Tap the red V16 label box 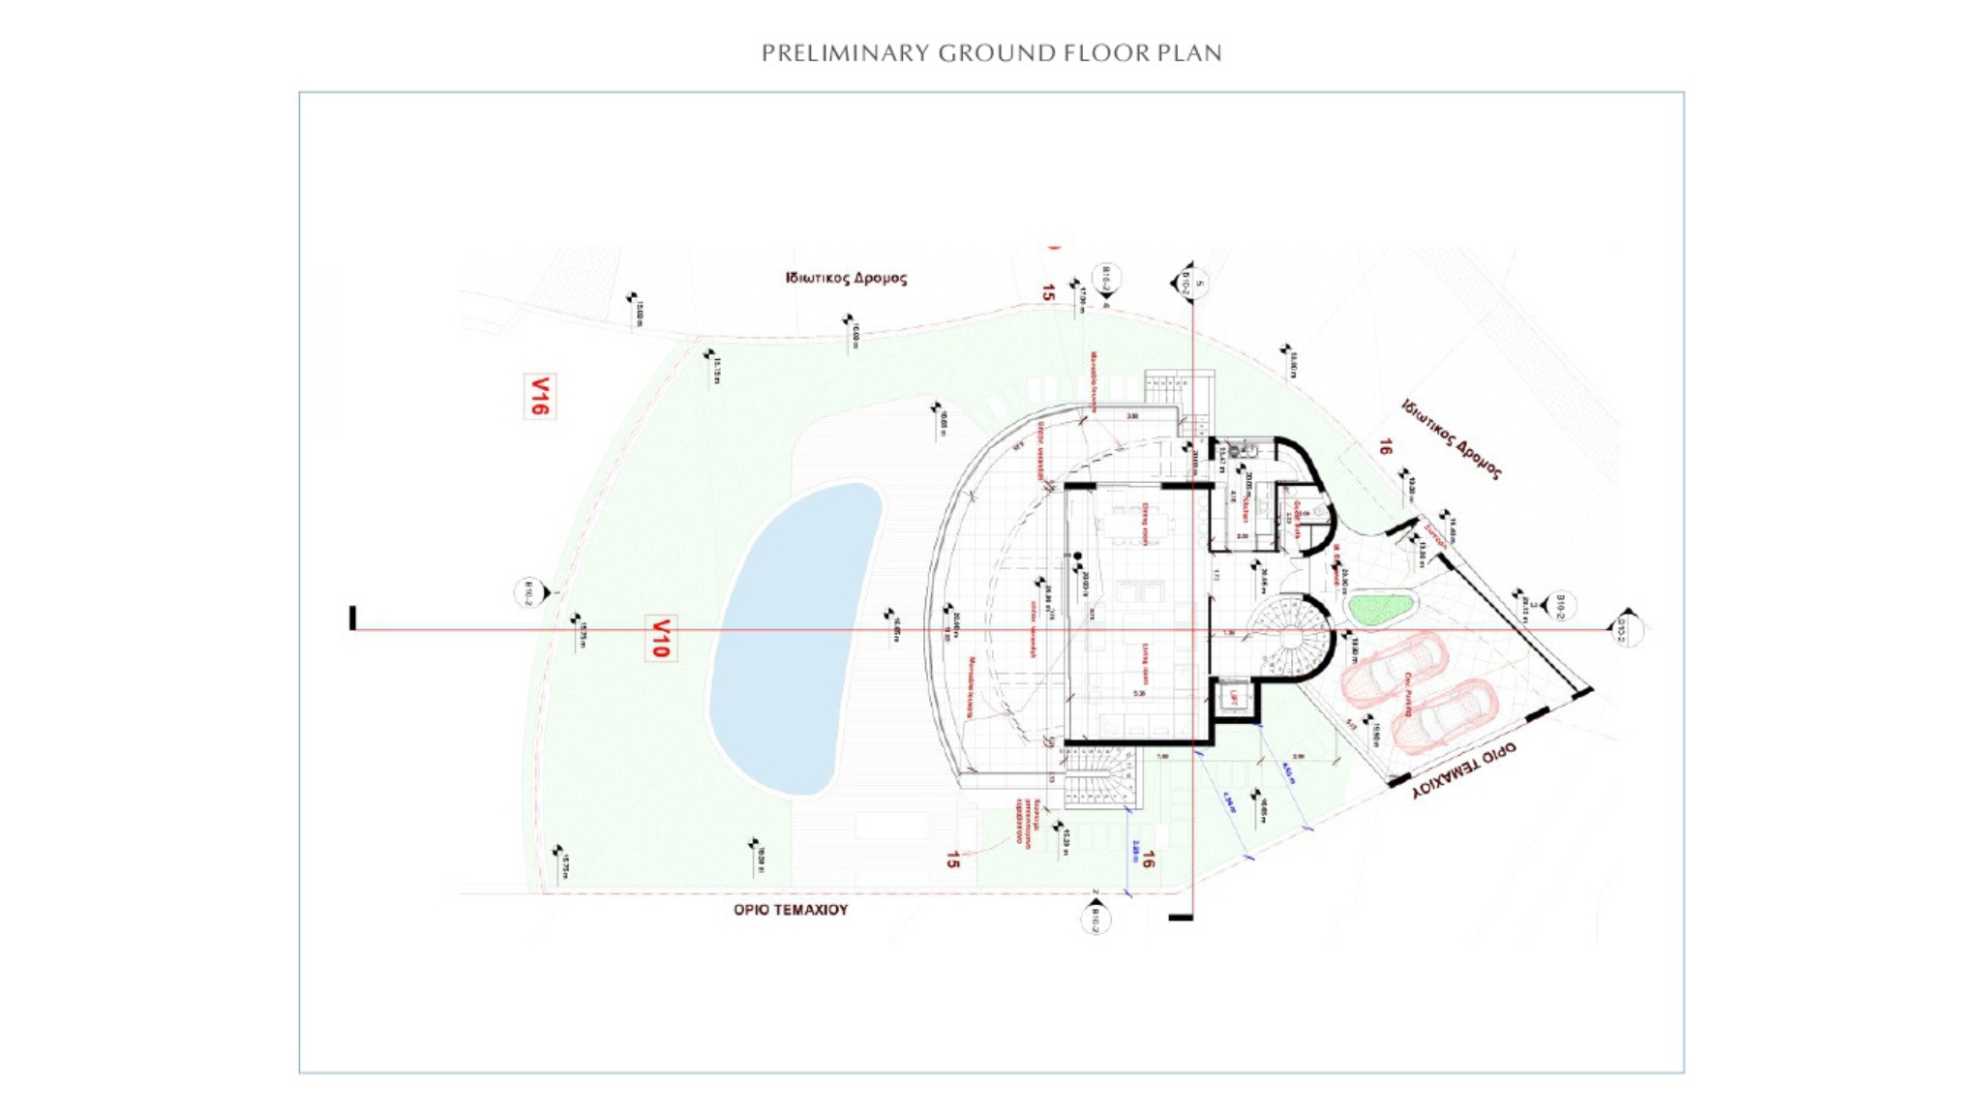click(540, 397)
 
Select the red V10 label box click(660, 639)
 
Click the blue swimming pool click(794, 639)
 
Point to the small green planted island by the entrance click(1380, 609)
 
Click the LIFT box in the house click(1233, 698)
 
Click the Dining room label click(1144, 524)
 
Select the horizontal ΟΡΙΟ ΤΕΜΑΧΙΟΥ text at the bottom click(791, 910)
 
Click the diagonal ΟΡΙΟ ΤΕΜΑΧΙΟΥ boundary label click(1463, 770)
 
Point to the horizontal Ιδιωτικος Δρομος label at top click(847, 279)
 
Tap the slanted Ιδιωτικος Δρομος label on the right click(1452, 439)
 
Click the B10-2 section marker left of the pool click(530, 592)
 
